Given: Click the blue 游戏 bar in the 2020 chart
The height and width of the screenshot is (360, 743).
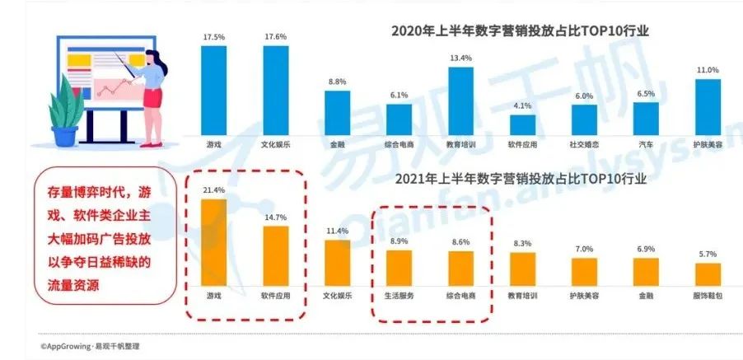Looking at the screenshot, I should pos(213,90).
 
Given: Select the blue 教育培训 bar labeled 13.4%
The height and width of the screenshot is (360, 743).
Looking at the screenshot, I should pos(460,100).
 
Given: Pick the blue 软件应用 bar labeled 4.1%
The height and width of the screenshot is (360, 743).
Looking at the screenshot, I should pos(522,124).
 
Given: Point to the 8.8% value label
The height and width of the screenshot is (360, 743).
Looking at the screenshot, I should pos(337,82).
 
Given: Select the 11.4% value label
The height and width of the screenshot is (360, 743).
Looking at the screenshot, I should pos(337,231).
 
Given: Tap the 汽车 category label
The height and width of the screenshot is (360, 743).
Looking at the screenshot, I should pos(646,143).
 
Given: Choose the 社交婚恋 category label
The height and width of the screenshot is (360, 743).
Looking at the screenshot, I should pos(584,143).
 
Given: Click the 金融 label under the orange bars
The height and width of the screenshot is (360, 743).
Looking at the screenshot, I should pos(646,294).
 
